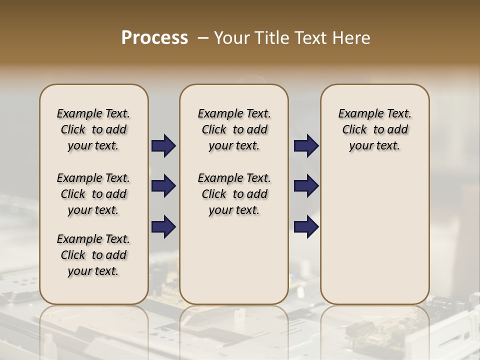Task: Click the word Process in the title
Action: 154,38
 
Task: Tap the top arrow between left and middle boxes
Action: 163,146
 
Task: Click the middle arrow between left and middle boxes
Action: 163,186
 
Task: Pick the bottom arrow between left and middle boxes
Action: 163,227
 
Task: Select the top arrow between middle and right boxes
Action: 306,146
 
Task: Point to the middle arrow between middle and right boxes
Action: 306,186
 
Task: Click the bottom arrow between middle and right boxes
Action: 306,227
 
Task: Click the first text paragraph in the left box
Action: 93,129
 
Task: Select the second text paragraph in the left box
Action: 93,194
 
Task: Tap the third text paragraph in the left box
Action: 93,255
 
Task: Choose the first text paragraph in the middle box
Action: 234,129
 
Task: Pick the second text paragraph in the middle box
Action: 234,194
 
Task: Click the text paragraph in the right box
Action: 374,129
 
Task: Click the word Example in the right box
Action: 356,114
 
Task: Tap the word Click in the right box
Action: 354,130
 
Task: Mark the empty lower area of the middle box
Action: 234,260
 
